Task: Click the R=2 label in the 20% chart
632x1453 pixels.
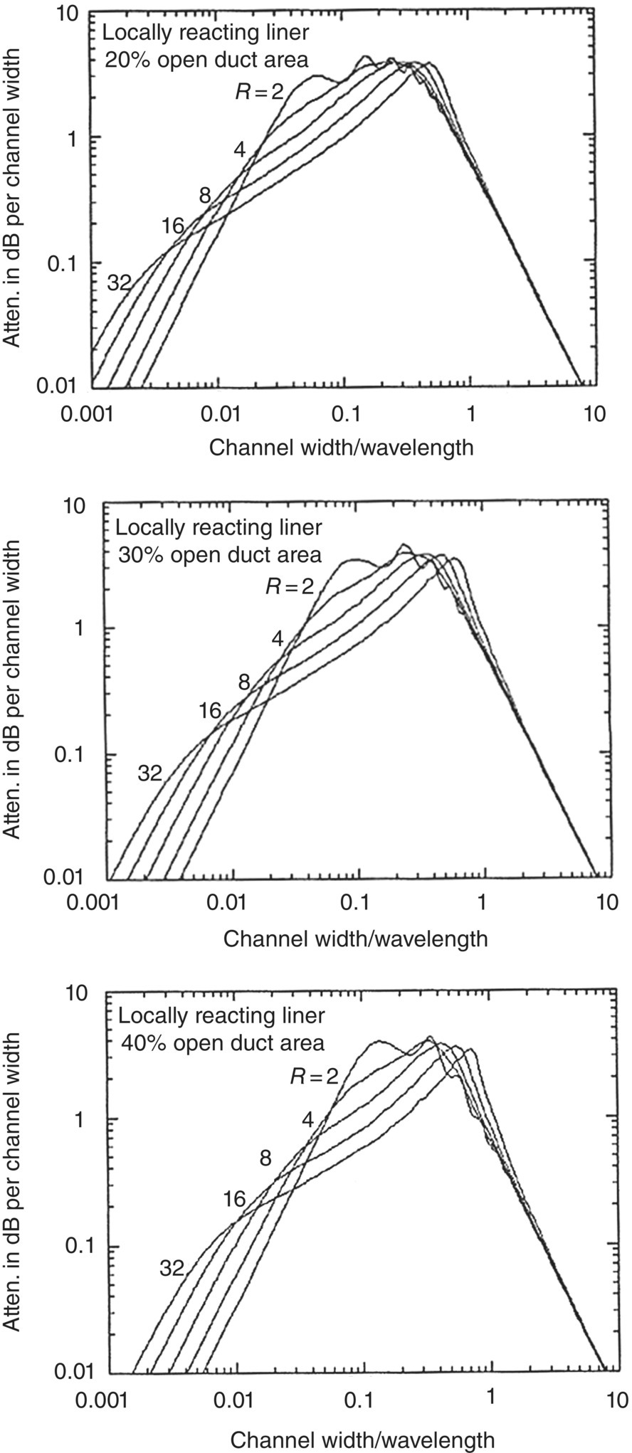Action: tap(259, 90)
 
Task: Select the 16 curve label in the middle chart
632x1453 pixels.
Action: tap(210, 709)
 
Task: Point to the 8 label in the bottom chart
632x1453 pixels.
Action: tap(265, 1158)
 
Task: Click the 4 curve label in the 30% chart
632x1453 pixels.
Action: tap(278, 638)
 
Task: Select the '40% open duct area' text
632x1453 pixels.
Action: tap(222, 1043)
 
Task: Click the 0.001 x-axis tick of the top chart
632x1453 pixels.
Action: tap(92, 413)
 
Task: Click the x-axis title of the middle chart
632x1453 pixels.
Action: tap(356, 939)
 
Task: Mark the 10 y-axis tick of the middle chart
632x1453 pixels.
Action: tap(75, 506)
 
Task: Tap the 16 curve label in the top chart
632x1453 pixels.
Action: tap(173, 227)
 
